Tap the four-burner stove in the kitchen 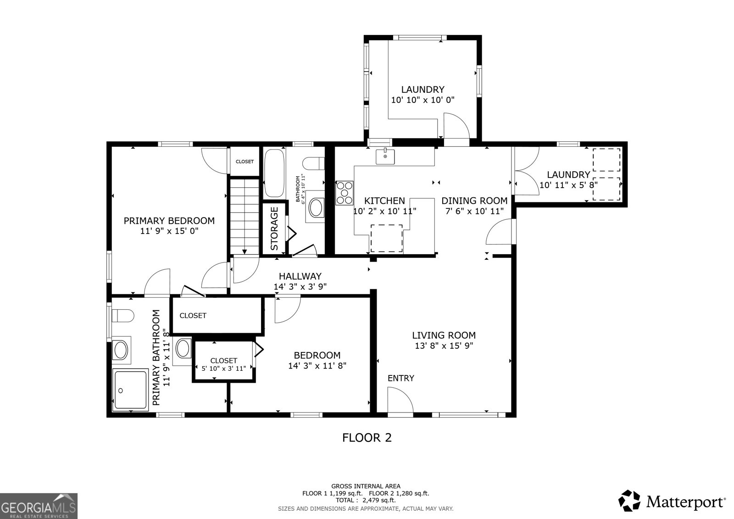(x=345, y=193)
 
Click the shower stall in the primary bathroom (x=130, y=389)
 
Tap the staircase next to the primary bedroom (x=244, y=216)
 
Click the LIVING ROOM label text (x=443, y=335)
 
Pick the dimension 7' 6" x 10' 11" (x=474, y=211)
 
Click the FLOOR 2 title (x=367, y=437)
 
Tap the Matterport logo (x=672, y=501)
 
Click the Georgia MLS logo (x=39, y=506)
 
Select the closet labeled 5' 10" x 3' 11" (x=224, y=364)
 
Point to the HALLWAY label (x=300, y=276)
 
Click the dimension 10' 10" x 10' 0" (x=423, y=100)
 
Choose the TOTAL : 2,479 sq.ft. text (x=366, y=500)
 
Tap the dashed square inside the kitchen (x=386, y=238)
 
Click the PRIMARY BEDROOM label (x=169, y=221)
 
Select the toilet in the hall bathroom (x=315, y=163)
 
